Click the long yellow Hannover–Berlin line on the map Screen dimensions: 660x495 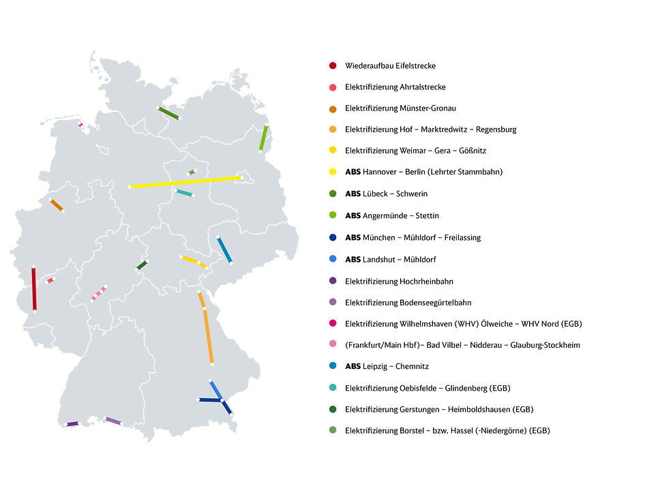point(185,182)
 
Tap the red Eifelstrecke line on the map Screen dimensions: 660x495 point(34,289)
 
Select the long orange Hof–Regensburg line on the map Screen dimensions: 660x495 point(206,327)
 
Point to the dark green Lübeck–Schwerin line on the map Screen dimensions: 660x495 point(169,113)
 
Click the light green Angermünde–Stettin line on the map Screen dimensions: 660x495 point(263,138)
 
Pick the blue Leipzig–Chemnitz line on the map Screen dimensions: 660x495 point(224,250)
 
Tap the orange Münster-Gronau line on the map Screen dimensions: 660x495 point(57,205)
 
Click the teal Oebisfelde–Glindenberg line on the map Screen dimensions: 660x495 point(184,193)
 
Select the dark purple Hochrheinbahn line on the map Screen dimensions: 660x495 point(72,424)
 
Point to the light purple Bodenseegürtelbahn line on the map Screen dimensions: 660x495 point(113,421)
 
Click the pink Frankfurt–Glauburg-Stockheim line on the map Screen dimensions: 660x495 point(99,293)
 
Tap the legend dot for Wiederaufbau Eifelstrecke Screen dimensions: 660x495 point(333,65)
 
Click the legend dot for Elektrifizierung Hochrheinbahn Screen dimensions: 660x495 point(333,281)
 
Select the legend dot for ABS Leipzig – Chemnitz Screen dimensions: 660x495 point(333,365)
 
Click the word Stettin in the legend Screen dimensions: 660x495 point(427,215)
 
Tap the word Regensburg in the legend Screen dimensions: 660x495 point(496,130)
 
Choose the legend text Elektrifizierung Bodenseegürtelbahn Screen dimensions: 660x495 point(408,303)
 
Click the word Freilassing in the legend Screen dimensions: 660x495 point(462,238)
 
